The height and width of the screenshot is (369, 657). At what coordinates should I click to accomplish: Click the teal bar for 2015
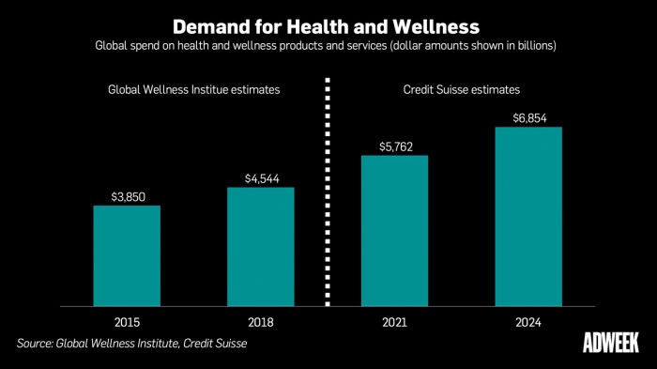pos(127,254)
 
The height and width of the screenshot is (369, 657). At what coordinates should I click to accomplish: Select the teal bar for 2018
pos(260,246)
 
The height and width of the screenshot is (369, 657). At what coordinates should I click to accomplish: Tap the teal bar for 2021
pos(394,230)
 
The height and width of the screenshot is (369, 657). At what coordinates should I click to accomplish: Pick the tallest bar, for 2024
pos(528,216)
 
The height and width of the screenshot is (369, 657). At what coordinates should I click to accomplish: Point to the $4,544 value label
pos(260,177)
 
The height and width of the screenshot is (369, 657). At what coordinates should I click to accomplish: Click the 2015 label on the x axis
pos(127,322)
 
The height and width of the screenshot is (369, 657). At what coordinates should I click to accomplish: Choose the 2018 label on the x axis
pos(260,322)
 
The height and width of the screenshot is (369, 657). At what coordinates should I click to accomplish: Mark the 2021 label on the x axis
pos(394,322)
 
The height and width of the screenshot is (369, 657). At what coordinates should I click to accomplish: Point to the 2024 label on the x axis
pos(528,322)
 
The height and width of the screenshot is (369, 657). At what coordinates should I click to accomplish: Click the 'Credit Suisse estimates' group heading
pos(461,90)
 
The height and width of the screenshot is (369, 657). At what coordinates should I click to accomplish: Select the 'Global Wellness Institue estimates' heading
pos(194,90)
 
